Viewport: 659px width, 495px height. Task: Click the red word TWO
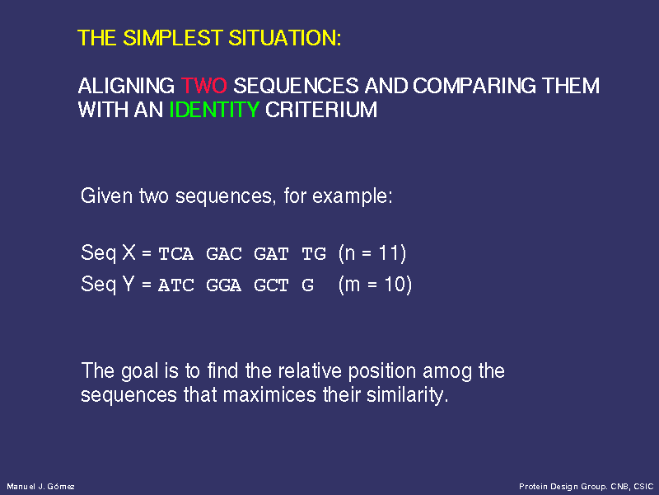(203, 86)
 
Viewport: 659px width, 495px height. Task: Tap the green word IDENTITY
(214, 110)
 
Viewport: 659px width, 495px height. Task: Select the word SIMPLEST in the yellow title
(173, 38)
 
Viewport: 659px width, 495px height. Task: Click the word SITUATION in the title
(284, 38)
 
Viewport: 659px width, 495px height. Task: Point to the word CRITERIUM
(321, 110)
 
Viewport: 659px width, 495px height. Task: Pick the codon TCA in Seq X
(176, 254)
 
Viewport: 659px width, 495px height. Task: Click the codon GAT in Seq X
(272, 254)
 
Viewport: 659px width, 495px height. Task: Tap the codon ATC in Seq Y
(176, 285)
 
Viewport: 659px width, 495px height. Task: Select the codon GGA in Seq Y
(224, 285)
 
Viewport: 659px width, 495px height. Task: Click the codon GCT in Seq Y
(272, 285)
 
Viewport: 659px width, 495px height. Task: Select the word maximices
(269, 395)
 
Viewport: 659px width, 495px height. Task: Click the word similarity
(407, 395)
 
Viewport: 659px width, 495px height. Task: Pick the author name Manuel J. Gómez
(40, 487)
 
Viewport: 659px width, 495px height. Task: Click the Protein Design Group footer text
(587, 487)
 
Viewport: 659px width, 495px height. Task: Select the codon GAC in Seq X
(224, 254)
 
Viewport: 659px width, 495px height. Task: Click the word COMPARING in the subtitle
(474, 86)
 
